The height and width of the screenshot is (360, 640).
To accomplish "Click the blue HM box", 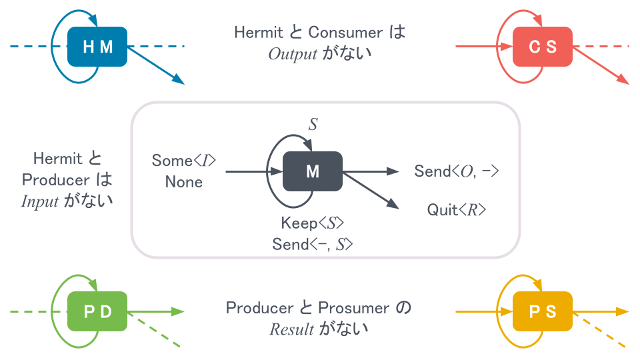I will pos(97,47).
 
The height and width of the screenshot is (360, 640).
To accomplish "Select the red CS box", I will pos(542,47).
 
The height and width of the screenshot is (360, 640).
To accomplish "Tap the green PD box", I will pos(97,312).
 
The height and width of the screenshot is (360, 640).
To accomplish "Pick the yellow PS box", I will pos(542,312).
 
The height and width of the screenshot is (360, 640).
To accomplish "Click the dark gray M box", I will pos(312,171).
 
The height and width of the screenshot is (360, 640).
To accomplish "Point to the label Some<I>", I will pos(184,160).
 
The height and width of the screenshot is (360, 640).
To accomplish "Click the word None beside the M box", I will pos(184,182).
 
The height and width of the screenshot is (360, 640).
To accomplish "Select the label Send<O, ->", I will pos(457,171).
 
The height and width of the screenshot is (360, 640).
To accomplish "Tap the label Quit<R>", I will pos(457,211).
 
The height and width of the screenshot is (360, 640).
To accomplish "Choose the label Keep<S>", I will pos(312,223).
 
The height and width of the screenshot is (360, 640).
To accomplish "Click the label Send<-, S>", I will pos(312,245).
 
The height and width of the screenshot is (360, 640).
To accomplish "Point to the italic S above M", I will pos(312,124).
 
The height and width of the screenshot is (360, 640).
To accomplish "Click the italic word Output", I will pos(292,55).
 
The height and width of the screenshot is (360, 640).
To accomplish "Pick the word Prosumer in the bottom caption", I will pos(353,308).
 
